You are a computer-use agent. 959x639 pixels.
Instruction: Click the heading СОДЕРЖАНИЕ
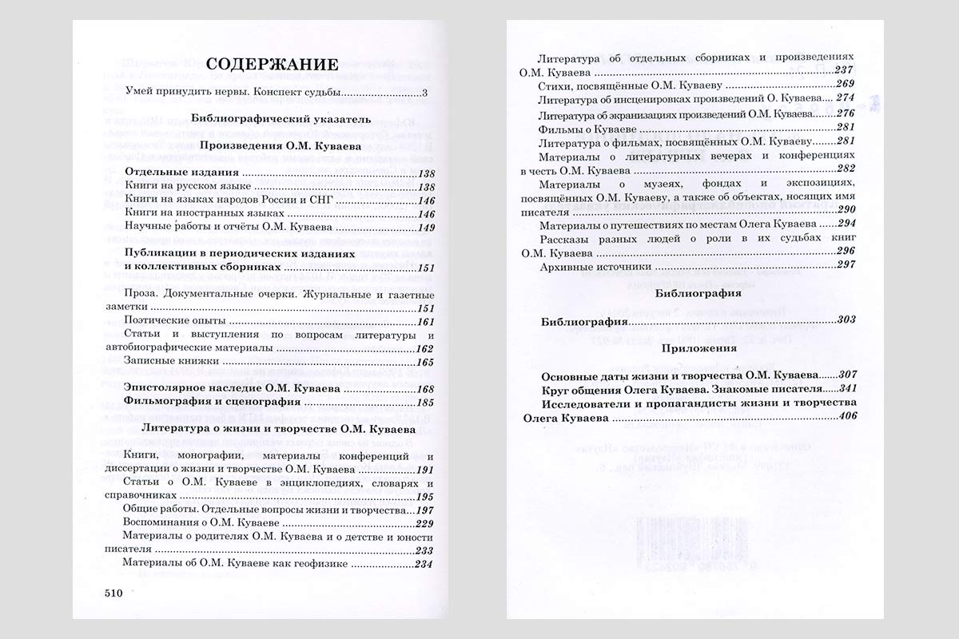coord(272,65)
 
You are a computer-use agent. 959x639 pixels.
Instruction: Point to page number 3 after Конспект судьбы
coord(425,93)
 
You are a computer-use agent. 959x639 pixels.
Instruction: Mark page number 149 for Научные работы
coord(425,228)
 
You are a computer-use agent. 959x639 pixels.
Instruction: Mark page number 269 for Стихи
coord(846,85)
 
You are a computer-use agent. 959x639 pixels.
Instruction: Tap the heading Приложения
coord(687,348)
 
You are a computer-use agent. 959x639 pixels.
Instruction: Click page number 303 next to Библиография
coord(847,320)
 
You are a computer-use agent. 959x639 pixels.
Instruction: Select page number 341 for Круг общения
coord(847,389)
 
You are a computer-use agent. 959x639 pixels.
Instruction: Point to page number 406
coord(846,416)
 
